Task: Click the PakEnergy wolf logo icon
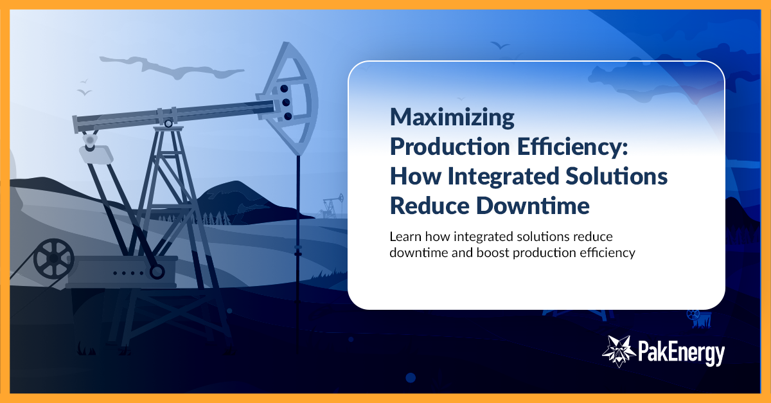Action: (x=618, y=350)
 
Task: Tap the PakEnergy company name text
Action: (x=681, y=353)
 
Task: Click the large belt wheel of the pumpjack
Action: (x=54, y=260)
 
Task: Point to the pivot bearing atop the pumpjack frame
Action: (x=168, y=123)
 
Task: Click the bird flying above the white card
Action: (x=500, y=46)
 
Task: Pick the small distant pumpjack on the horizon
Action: (x=330, y=206)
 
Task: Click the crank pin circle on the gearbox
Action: (x=156, y=272)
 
